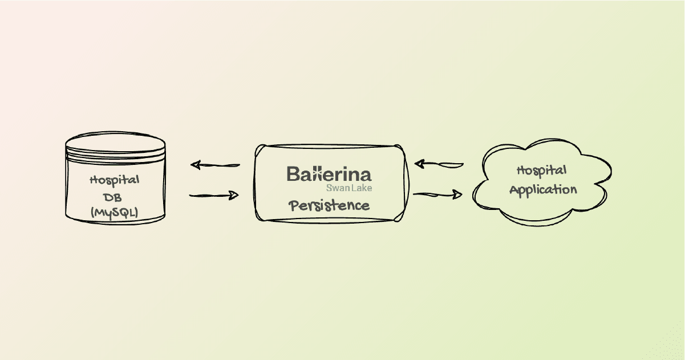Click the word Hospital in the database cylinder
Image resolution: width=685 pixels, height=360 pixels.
click(x=115, y=180)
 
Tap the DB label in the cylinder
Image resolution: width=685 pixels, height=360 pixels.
click(x=112, y=197)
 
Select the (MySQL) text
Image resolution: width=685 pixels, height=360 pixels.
click(x=115, y=213)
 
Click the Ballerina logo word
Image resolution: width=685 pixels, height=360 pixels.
click(x=329, y=174)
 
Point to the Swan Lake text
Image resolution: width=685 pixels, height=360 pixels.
click(x=349, y=188)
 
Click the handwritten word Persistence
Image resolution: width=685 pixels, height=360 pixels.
click(x=329, y=205)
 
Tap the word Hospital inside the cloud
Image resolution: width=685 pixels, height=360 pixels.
click(x=542, y=171)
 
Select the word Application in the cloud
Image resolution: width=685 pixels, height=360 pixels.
click(x=543, y=190)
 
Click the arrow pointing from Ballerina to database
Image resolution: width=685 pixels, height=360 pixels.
click(x=215, y=165)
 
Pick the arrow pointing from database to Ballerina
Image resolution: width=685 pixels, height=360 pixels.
click(x=214, y=195)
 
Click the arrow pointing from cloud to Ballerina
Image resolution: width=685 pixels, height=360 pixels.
click(x=439, y=164)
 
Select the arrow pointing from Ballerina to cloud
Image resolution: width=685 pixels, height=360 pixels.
click(x=437, y=194)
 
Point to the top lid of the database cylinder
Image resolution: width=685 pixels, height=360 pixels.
click(x=115, y=143)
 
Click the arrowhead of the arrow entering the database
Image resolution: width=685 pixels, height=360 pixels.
click(x=196, y=165)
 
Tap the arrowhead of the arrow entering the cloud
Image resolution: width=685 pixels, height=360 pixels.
click(x=457, y=194)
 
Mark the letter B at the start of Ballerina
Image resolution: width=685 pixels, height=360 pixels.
click(x=293, y=174)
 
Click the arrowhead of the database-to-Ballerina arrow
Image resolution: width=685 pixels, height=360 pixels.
click(x=234, y=195)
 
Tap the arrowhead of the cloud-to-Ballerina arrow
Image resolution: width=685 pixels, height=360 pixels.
click(x=419, y=164)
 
